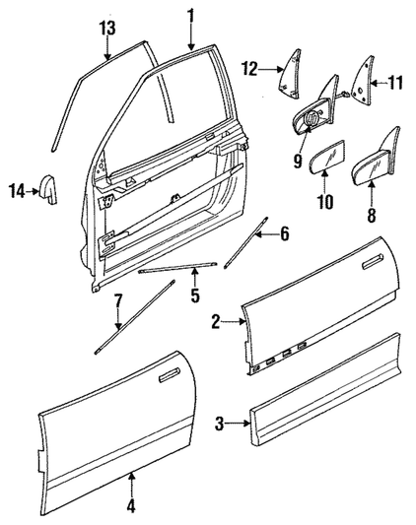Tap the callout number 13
107,29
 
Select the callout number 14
17,191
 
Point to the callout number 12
250,69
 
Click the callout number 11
395,83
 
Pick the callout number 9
298,162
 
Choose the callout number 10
325,202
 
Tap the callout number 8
371,216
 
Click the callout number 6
284,234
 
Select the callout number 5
195,295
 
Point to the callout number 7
118,301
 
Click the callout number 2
216,322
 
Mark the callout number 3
219,425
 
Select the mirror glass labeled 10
328,157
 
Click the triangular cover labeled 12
289,74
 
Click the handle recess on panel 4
170,374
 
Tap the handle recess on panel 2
373,261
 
